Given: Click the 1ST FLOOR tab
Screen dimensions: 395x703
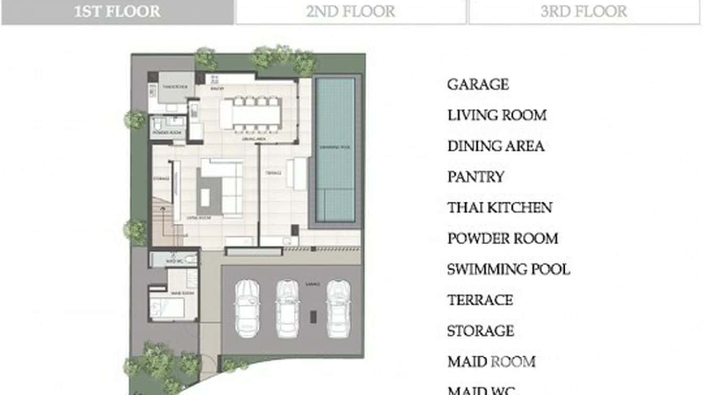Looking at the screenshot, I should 117,12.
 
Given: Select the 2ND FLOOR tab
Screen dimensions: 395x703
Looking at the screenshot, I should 350,12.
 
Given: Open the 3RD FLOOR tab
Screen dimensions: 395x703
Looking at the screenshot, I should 584,12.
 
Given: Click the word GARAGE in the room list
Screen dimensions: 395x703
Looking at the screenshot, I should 478,84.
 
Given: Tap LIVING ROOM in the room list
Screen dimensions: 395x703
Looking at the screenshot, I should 497,115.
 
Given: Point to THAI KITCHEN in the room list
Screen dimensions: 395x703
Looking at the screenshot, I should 499,207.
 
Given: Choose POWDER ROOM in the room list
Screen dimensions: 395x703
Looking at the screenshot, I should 502,238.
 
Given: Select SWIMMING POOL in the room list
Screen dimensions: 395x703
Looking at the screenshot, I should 508,269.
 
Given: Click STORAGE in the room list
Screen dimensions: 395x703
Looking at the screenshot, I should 480,331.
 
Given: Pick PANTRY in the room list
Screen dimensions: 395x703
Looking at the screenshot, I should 476,177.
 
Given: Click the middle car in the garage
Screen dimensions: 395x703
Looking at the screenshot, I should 287,309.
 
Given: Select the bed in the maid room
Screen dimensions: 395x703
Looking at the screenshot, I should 167,306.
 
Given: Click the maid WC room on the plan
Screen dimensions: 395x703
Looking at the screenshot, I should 173,259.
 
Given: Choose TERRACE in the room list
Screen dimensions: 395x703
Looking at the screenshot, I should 480,300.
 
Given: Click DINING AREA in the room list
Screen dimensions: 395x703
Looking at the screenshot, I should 496,146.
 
